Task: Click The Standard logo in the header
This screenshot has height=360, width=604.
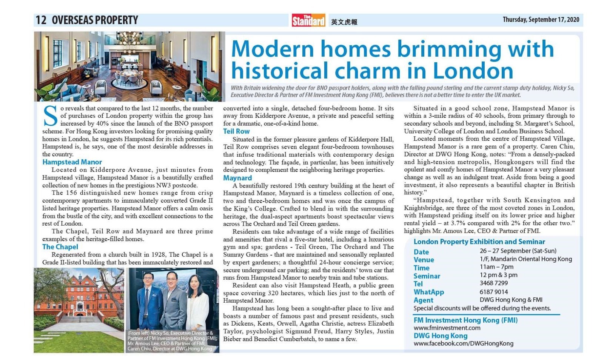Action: coord(308,20)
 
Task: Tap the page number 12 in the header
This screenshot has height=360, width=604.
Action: coord(41,20)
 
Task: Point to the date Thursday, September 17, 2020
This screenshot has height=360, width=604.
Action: coord(541,20)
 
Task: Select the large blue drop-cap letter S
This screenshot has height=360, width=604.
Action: coord(51,116)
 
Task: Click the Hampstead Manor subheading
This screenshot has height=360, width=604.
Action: coord(72,162)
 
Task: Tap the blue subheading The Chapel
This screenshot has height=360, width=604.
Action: coord(60,247)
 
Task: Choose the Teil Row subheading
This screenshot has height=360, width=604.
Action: coord(236,131)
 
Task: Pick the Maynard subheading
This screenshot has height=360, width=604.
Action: coord(237,178)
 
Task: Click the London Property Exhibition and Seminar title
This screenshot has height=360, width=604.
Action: coord(479,242)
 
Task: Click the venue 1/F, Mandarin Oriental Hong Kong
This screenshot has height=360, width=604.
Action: coord(525,259)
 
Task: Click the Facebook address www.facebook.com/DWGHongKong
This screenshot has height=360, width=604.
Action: coord(463,343)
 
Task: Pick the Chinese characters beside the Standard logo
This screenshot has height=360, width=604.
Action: coord(344,22)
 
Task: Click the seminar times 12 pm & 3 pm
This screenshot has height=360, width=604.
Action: coord(498,275)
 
